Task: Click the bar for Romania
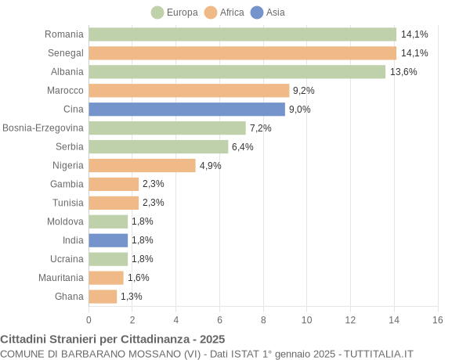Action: [242, 34]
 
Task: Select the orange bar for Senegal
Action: [242, 53]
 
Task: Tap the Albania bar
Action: [237, 72]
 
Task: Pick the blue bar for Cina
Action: [186, 110]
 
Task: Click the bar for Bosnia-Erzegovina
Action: [167, 128]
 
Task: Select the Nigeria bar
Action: [142, 165]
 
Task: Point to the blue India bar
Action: [108, 240]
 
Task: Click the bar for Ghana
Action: [103, 297]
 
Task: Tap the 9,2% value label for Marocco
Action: [303, 91]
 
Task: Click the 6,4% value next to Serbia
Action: [242, 147]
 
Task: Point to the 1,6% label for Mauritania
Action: [138, 278]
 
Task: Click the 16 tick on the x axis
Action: [438, 320]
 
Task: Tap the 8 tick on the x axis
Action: [263, 320]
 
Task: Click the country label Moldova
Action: [65, 221]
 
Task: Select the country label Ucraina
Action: [67, 259]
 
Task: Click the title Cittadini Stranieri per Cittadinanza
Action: [112, 339]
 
